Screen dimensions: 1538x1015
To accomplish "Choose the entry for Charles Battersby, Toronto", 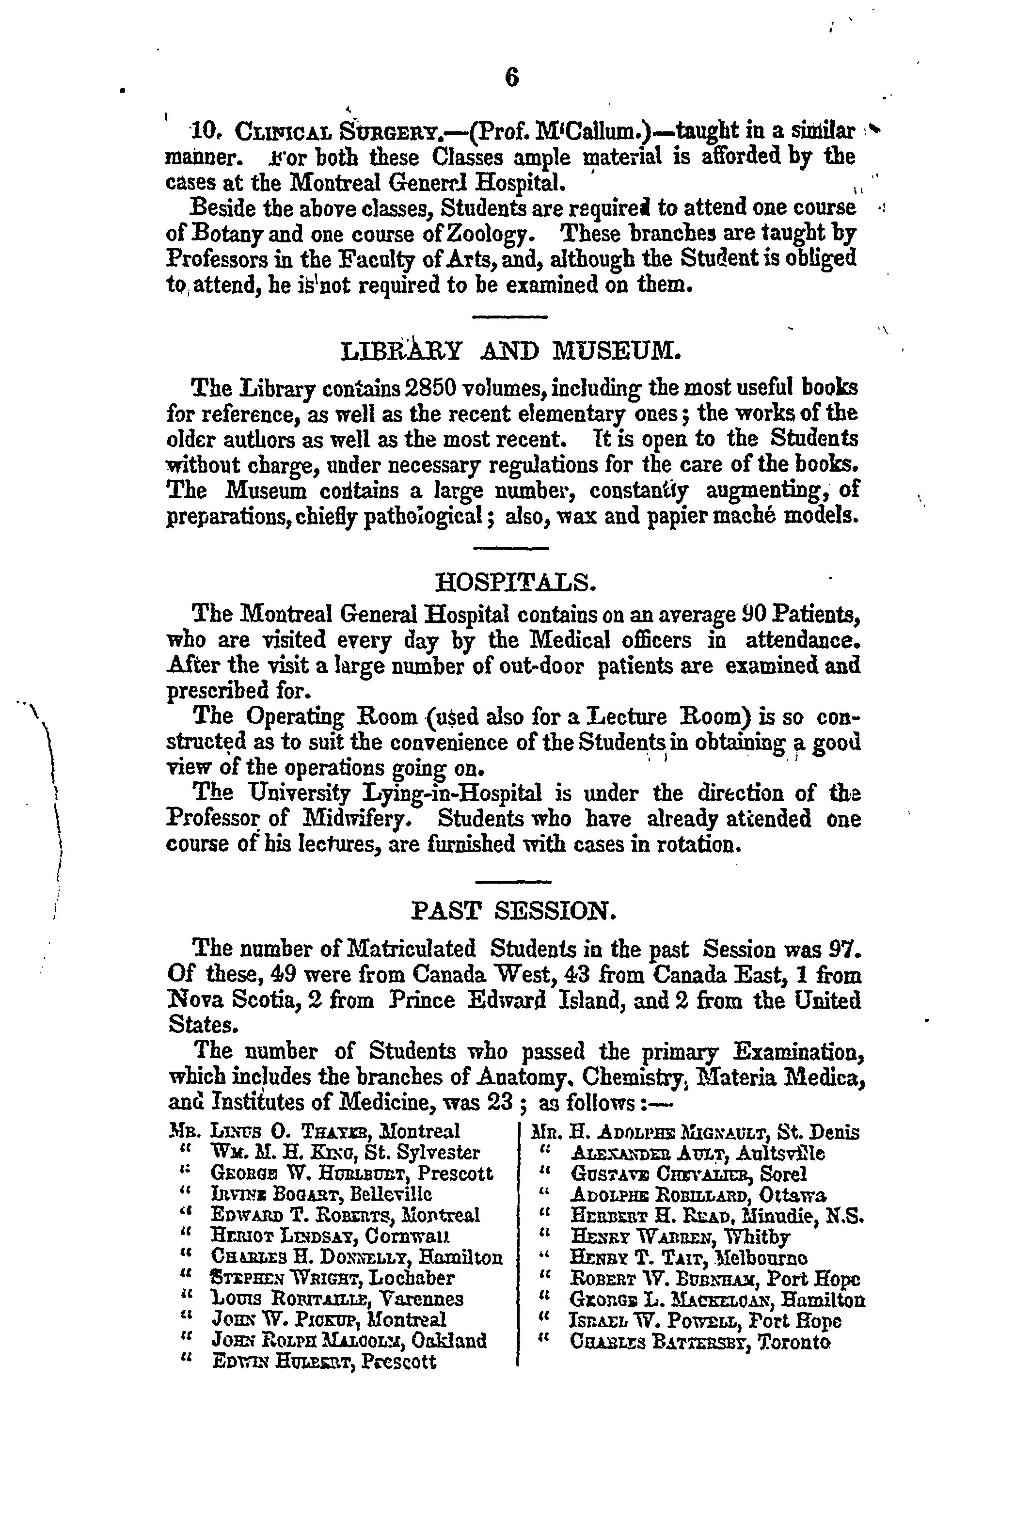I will coord(699,1343).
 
